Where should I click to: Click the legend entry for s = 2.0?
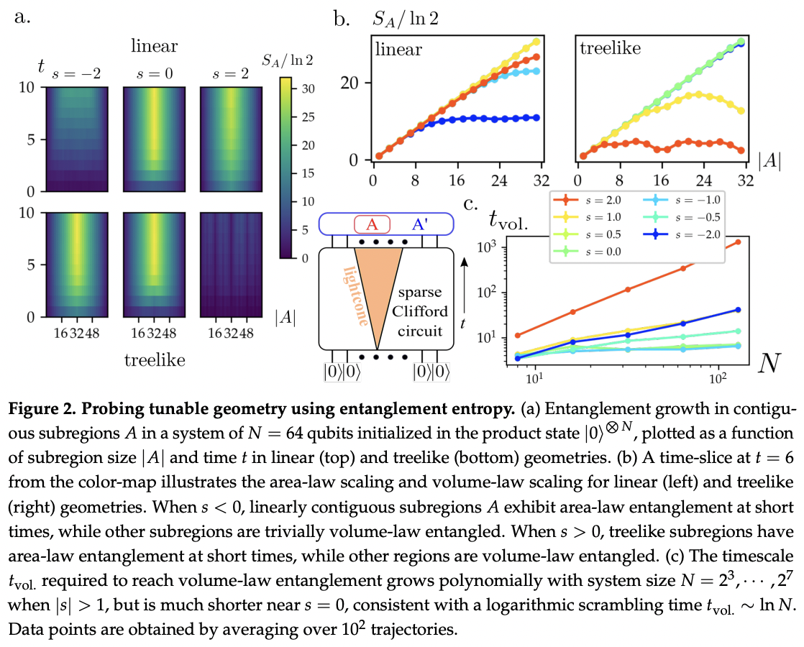(x=588, y=201)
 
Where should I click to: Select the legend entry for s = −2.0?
(x=682, y=234)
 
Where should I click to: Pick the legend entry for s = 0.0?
(x=588, y=251)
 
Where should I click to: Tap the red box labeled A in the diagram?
(x=373, y=224)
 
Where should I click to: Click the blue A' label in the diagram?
(x=420, y=224)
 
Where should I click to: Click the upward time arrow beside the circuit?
(x=465, y=286)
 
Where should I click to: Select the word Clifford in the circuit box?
(x=420, y=311)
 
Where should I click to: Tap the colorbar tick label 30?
(x=309, y=88)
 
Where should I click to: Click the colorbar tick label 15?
(x=309, y=173)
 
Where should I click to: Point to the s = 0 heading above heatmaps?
(x=155, y=74)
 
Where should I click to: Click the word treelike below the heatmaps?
(x=155, y=360)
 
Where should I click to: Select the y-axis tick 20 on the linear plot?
(x=350, y=83)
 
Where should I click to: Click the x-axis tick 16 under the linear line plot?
(x=457, y=180)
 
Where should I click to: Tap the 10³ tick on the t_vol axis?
(x=487, y=247)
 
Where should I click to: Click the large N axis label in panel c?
(x=769, y=363)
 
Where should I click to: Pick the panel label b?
(x=342, y=19)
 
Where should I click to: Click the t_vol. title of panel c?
(x=508, y=219)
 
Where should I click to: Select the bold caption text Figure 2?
(x=44, y=408)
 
